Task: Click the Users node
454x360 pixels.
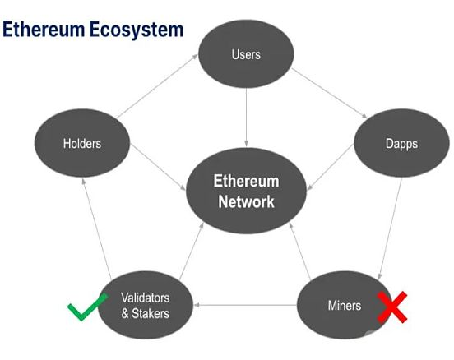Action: point(246,53)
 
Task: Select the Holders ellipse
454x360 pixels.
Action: point(82,143)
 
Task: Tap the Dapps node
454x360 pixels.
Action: point(401,143)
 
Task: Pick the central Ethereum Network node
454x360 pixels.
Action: point(246,191)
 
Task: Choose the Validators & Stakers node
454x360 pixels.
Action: point(146,305)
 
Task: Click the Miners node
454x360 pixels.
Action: point(345,305)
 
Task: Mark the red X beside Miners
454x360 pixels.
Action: point(392,307)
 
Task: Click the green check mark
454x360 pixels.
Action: point(87,307)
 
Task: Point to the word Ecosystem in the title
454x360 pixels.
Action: point(137,30)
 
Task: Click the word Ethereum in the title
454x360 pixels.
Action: point(44,29)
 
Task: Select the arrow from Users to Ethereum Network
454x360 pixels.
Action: point(246,118)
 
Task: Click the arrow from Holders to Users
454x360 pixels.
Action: point(156,86)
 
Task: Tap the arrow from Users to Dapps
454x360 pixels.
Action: point(329,93)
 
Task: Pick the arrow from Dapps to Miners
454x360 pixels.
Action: point(391,229)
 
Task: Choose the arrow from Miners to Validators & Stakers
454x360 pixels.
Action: point(245,305)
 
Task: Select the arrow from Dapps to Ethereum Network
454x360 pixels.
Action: point(331,167)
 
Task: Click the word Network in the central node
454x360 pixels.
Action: point(246,201)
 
